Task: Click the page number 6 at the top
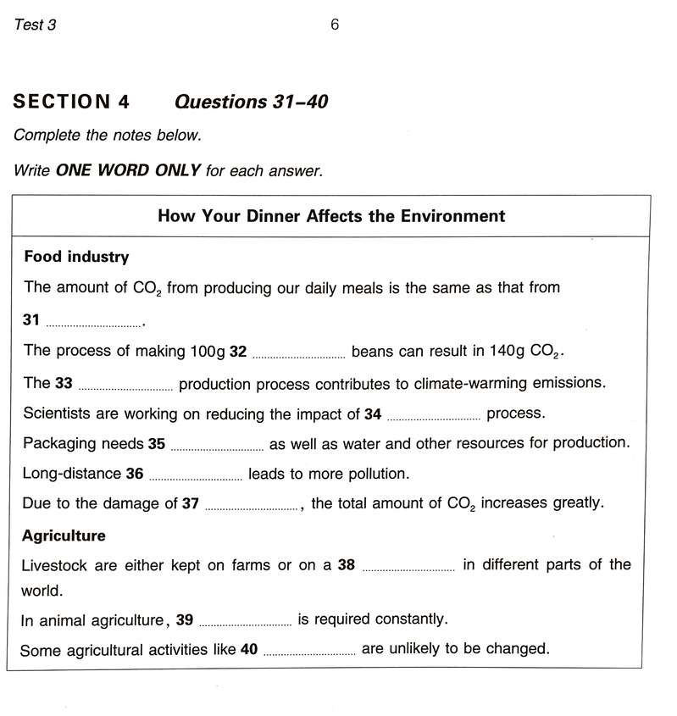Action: point(335,25)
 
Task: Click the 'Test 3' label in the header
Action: point(35,25)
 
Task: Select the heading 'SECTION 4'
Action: point(71,103)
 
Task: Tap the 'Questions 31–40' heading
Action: point(251,103)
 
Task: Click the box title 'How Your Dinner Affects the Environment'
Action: point(331,216)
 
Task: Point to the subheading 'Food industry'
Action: point(76,256)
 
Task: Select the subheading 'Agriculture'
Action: point(64,536)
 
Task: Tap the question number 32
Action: point(237,351)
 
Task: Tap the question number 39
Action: point(185,620)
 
